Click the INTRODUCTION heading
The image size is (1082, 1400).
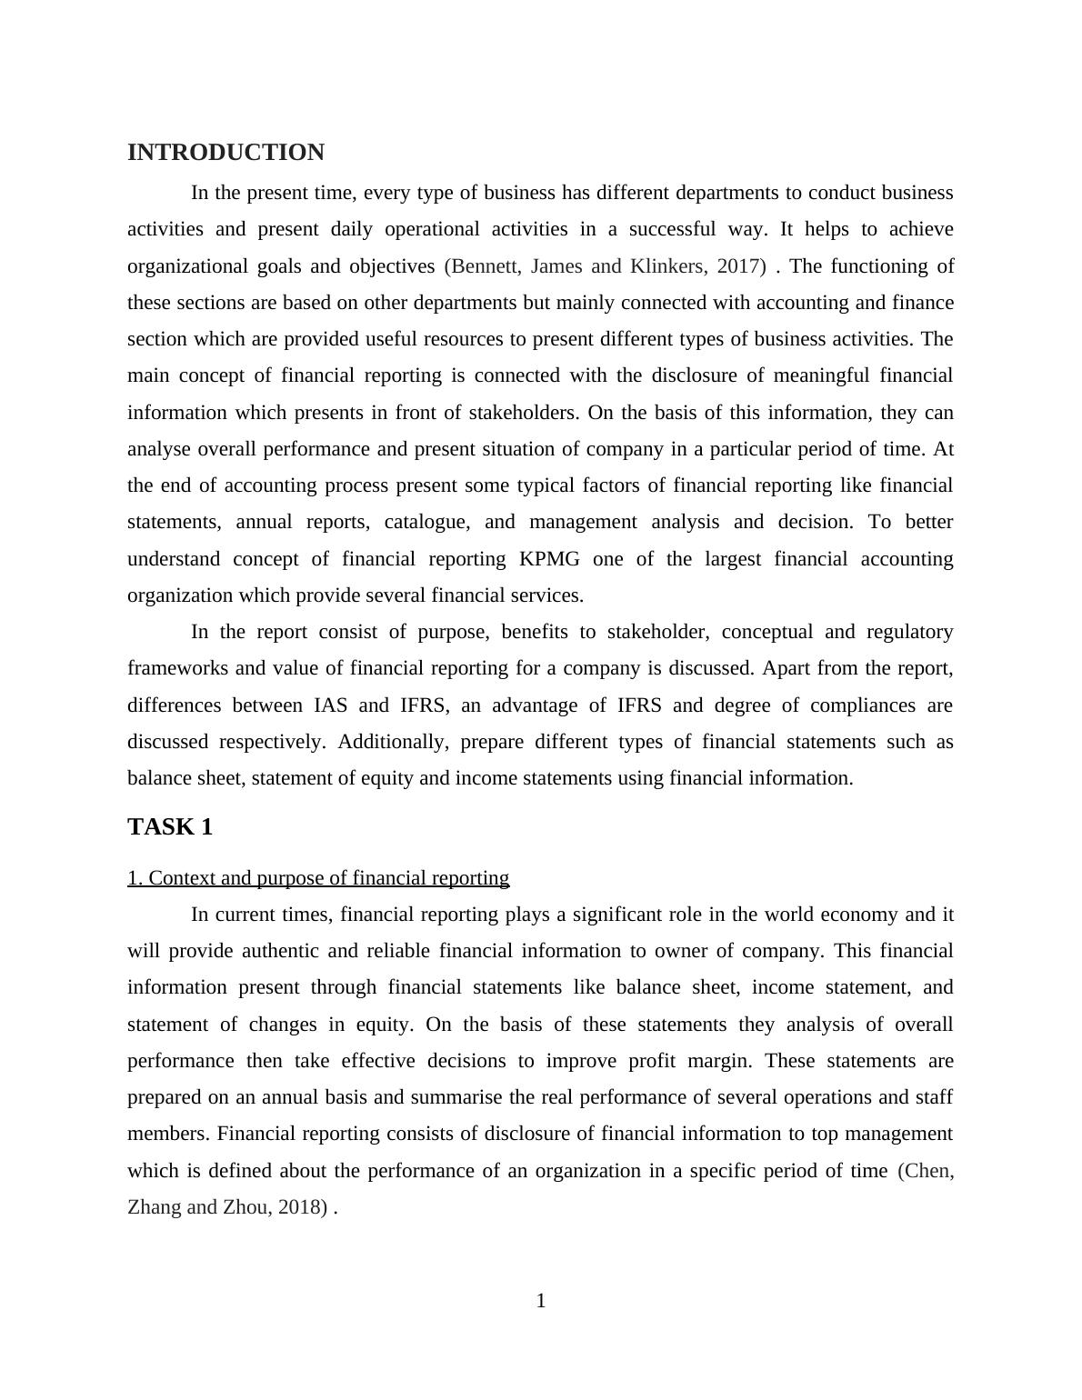[x=225, y=153]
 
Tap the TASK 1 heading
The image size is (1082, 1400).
[x=170, y=827]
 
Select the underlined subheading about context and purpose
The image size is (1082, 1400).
[x=318, y=878]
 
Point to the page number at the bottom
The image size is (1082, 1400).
[x=541, y=1301]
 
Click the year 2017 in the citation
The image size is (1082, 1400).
[x=741, y=266]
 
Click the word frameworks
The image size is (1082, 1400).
[x=178, y=668]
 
